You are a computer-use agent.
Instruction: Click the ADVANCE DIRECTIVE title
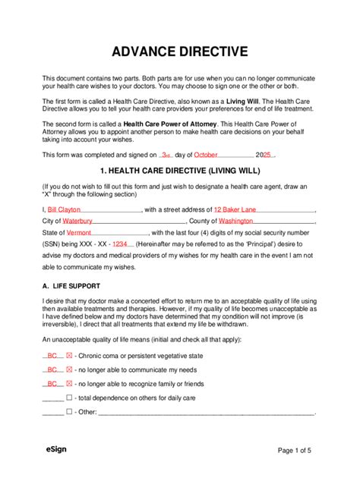[x=180, y=52]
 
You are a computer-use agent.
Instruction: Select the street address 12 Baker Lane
[x=235, y=209]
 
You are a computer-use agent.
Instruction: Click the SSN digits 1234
[x=120, y=244]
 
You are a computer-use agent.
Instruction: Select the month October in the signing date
[x=206, y=154]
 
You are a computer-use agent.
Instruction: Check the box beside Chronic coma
[x=70, y=356]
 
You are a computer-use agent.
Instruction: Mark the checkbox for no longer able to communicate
[x=70, y=370]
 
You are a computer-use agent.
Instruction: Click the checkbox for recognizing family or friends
[x=70, y=384]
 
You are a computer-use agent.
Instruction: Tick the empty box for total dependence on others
[x=70, y=398]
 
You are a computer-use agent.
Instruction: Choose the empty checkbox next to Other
[x=70, y=412]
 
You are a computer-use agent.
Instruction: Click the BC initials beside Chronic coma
[x=52, y=356]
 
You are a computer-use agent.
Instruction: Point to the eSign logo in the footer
[x=56, y=450]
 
